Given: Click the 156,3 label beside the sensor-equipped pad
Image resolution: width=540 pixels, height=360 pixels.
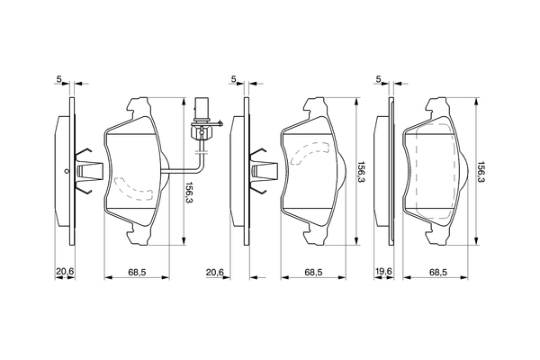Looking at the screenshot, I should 189,193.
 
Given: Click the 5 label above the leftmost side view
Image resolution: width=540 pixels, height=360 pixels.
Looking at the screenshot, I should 59,80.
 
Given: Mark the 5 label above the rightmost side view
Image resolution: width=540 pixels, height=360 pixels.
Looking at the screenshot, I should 379,80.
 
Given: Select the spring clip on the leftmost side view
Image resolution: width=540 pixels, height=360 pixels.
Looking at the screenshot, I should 88,169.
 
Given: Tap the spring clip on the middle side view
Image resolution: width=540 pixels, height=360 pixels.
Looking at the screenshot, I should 263,169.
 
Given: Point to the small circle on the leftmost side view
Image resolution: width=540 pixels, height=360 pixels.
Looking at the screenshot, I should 67,170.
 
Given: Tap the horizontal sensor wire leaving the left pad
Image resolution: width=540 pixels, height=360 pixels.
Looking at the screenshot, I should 180,171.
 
